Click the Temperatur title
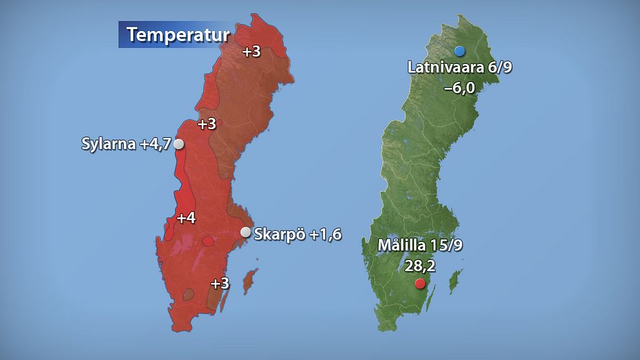[177, 34]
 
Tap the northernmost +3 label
[251, 52]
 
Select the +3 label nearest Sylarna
[206, 124]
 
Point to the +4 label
[186, 219]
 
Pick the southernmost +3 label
[220, 283]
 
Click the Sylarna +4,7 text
[126, 144]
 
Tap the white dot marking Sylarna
[179, 145]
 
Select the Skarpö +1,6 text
[297, 234]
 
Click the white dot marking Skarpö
[245, 232]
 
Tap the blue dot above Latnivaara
[459, 51]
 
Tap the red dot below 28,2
[420, 284]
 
